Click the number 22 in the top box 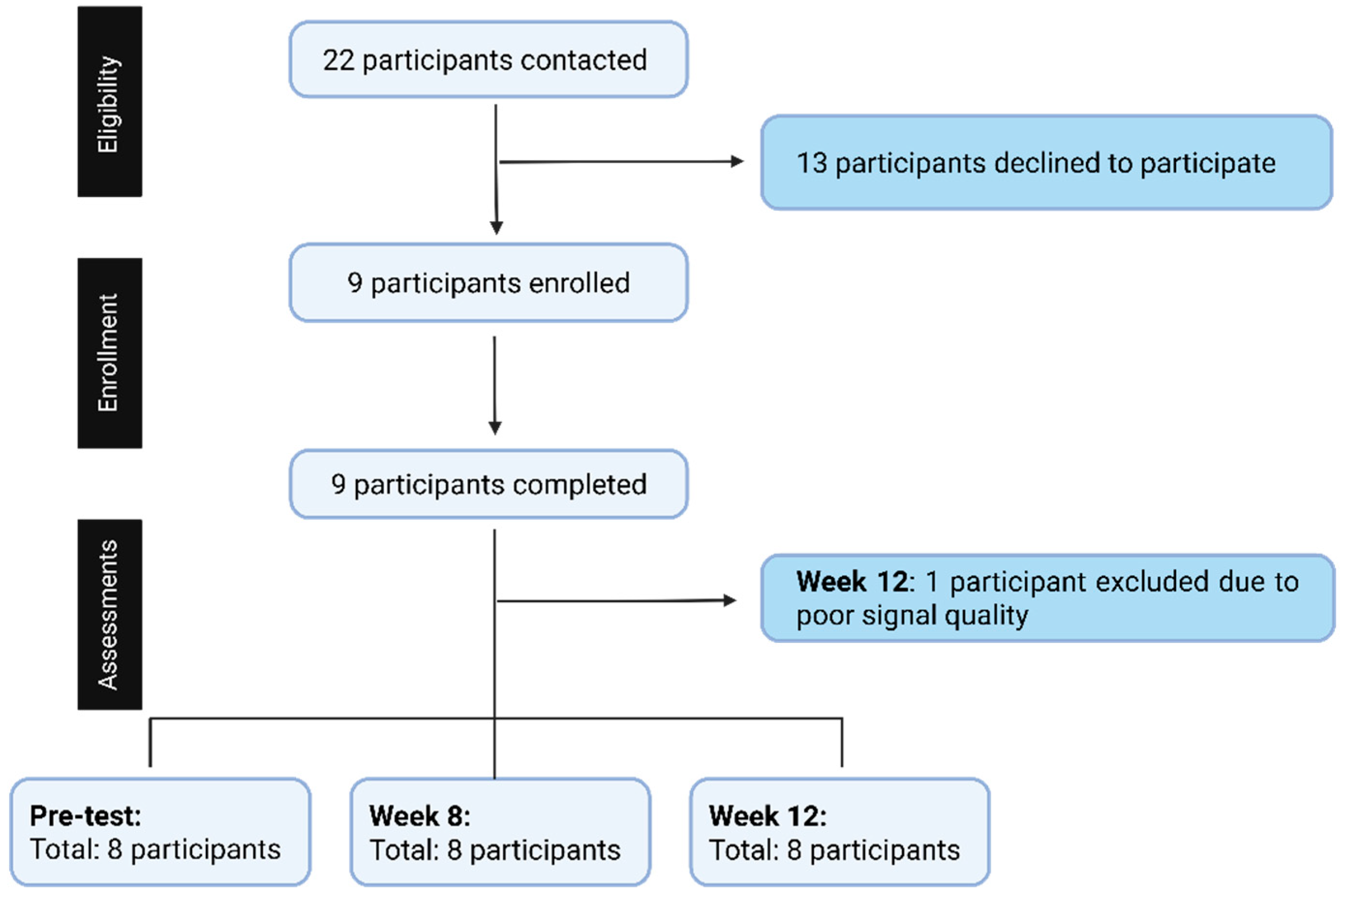coord(338,60)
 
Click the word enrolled coord(579,283)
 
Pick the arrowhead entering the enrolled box coord(497,228)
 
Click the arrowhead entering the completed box coord(495,428)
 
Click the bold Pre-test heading coord(85,816)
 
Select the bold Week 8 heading coord(419,816)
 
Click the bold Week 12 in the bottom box coord(767,816)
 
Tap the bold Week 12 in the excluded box coord(851,582)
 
